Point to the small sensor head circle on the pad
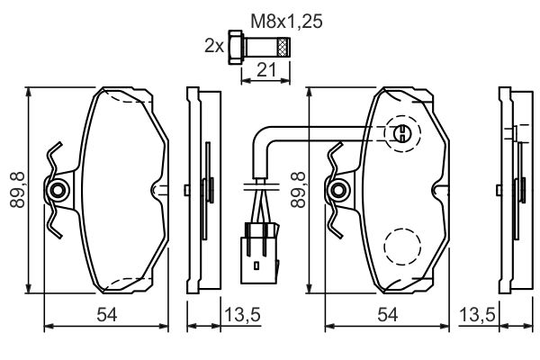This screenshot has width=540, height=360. [403, 134]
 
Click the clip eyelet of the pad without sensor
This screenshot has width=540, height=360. [59, 190]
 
